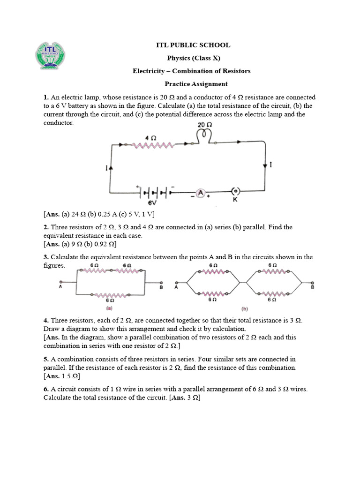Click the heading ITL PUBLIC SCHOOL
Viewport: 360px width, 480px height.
(193, 45)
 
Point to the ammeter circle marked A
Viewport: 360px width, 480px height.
(201, 193)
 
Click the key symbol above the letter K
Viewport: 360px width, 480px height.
(236, 191)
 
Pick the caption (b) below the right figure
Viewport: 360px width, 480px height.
(245, 309)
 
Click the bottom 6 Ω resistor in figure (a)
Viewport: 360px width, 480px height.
(111, 295)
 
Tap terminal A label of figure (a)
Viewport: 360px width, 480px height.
(61, 287)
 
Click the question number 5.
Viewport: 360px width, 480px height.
(46, 359)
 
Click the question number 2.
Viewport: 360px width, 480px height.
(46, 227)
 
